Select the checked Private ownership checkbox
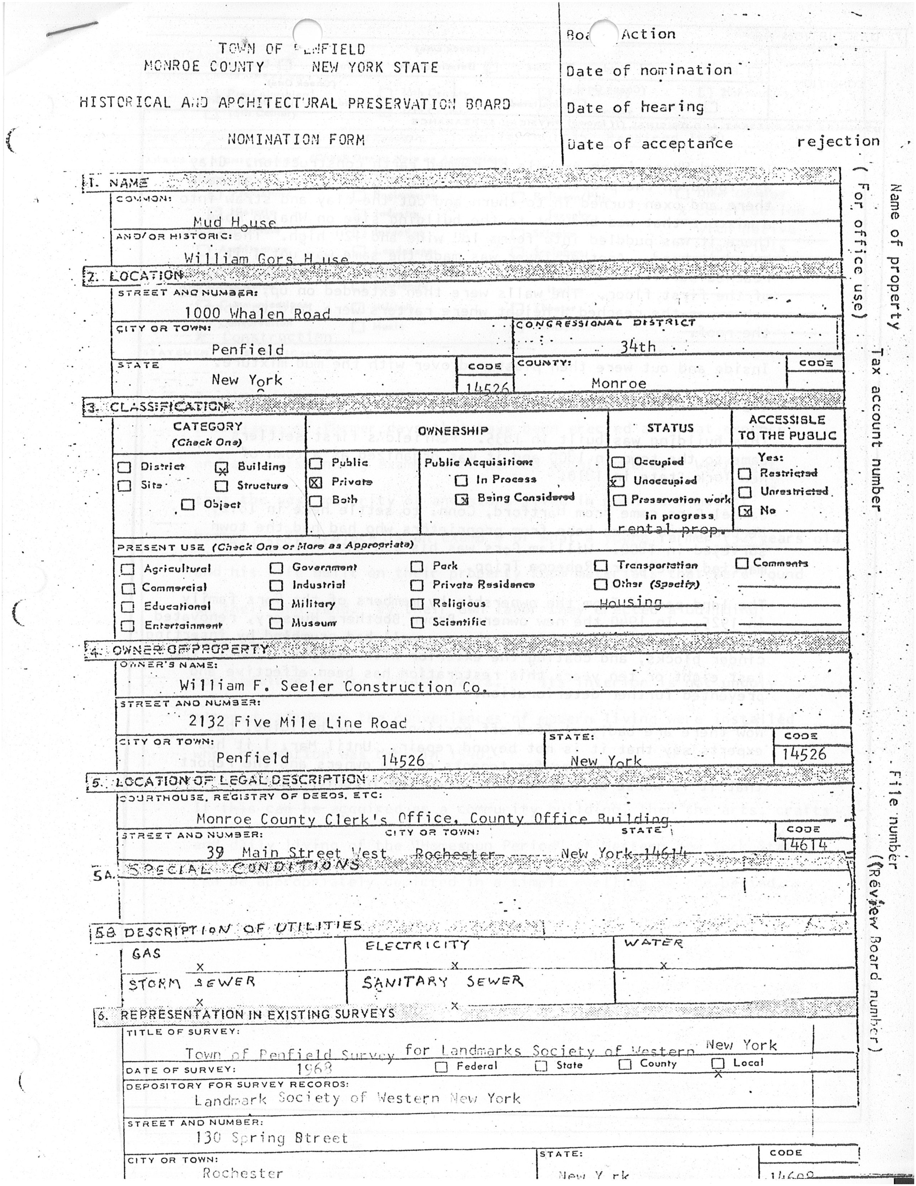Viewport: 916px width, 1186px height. [x=315, y=482]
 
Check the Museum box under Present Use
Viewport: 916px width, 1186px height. [x=276, y=623]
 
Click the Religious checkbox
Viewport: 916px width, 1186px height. [x=417, y=604]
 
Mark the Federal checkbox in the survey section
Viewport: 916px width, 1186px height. [x=441, y=1066]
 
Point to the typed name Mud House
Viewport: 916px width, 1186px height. [x=234, y=222]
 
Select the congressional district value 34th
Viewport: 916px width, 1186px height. [x=638, y=346]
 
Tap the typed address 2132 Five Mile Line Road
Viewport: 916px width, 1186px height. [x=297, y=722]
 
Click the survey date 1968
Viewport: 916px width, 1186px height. [x=314, y=1069]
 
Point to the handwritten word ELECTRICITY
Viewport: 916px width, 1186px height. [x=417, y=945]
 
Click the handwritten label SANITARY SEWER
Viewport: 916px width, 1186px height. [x=443, y=982]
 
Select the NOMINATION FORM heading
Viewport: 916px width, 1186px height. [x=296, y=139]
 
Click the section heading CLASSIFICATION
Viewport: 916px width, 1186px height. [x=168, y=407]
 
